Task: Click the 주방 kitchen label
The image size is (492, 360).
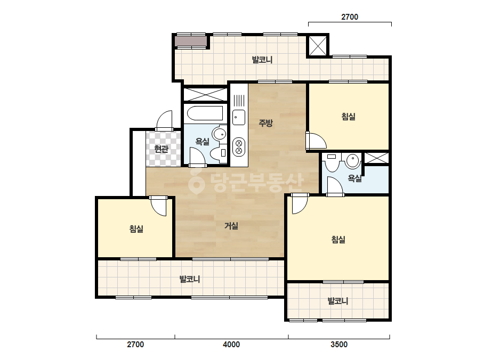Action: [x=265, y=123]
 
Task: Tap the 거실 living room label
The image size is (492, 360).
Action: [x=231, y=225]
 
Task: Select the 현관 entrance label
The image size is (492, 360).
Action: [x=162, y=149]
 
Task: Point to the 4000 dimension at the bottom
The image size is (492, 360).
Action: [x=231, y=345]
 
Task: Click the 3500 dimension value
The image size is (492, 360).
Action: [x=339, y=345]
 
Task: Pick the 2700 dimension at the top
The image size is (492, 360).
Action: [x=350, y=17]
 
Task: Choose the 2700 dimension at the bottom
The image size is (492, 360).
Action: [x=135, y=345]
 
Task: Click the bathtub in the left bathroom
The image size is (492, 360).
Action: [x=205, y=113]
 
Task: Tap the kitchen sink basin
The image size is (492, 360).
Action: [x=238, y=118]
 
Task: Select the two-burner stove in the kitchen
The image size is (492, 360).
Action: [x=238, y=147]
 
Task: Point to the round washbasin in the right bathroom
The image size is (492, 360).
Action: [x=353, y=161]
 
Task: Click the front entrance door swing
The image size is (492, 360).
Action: [x=164, y=120]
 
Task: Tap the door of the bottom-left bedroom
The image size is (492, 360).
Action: [x=158, y=206]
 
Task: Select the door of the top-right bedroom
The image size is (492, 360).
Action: [x=316, y=141]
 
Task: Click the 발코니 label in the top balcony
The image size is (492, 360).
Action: [x=262, y=60]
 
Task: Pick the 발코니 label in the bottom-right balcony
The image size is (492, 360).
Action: [x=337, y=301]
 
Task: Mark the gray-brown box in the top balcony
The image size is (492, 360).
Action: [x=191, y=42]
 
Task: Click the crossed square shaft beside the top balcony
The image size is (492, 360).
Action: [x=318, y=45]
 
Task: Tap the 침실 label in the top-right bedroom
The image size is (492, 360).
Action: [x=348, y=117]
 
